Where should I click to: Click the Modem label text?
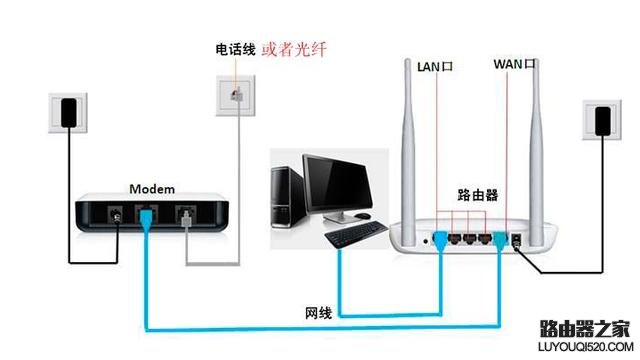click(x=152, y=189)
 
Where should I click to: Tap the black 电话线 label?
click(x=235, y=48)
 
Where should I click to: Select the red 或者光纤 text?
click(x=293, y=48)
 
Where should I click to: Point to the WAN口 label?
click(x=515, y=64)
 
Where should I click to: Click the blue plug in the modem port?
click(x=145, y=217)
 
